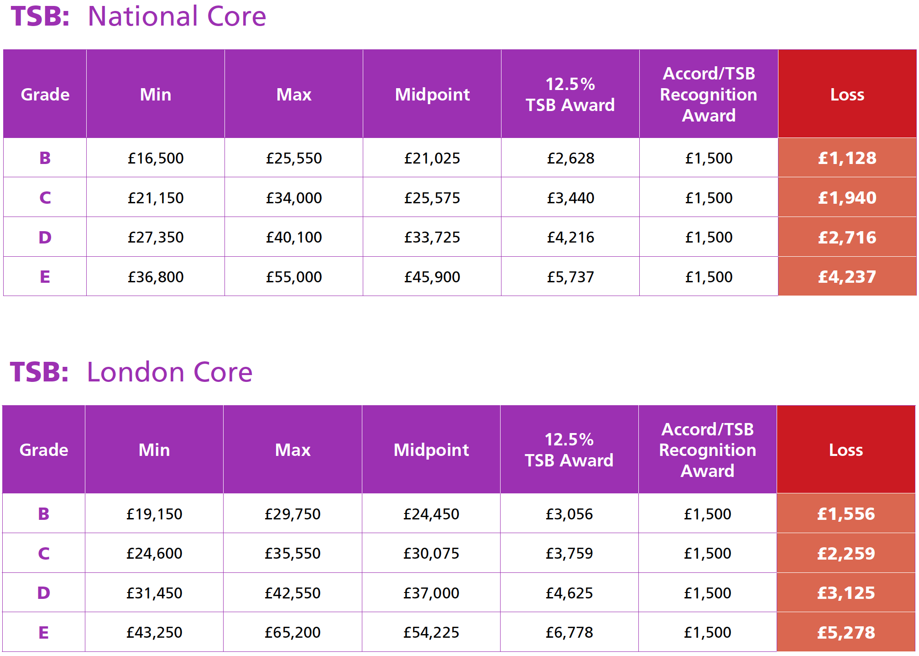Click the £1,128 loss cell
847,158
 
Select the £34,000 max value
294,198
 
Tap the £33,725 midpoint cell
432,238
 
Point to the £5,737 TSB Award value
570,277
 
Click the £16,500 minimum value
156,158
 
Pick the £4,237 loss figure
847,277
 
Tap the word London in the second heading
136,372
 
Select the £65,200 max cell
292,632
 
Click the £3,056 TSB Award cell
569,514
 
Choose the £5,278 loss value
846,632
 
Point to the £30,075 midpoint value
431,553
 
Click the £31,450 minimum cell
154,593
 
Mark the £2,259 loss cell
846,553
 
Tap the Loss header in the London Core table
846,450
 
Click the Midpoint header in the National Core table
432,95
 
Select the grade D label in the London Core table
44,593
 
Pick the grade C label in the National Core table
45,198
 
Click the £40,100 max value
294,238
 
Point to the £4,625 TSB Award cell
569,593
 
